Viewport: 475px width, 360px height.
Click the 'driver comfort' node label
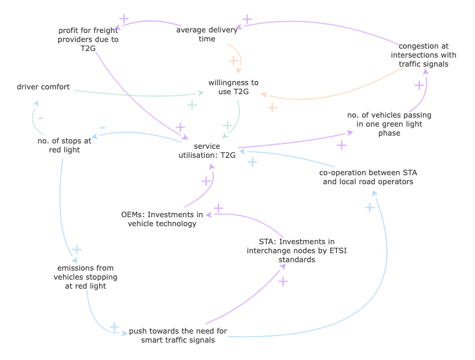coord(43,87)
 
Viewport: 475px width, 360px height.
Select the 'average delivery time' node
coord(207,34)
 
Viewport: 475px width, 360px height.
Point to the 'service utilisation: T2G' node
coord(207,150)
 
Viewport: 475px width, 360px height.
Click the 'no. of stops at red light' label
coord(64,145)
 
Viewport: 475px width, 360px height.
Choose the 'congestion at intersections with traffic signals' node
coord(423,55)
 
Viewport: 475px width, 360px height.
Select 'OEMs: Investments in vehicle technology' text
coord(162,219)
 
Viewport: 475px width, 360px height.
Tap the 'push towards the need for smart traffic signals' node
coord(178,335)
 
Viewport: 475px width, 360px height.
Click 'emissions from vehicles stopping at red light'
coord(85,277)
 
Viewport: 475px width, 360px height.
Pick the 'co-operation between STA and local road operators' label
coord(368,176)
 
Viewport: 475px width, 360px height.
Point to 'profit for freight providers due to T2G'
coord(88,40)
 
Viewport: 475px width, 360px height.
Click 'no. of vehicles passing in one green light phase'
coord(389,124)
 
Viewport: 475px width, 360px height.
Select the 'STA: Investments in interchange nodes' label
coord(297,251)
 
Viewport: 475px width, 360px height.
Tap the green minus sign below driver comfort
coord(41,118)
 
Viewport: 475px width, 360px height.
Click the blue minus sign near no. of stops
coord(102,128)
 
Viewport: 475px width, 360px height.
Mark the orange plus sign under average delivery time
coord(233,61)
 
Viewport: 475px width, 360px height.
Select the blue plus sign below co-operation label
coord(370,208)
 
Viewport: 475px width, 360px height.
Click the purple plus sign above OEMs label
coord(219,208)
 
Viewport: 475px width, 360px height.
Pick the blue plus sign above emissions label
coord(77,250)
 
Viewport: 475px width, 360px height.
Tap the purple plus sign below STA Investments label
coord(283,281)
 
